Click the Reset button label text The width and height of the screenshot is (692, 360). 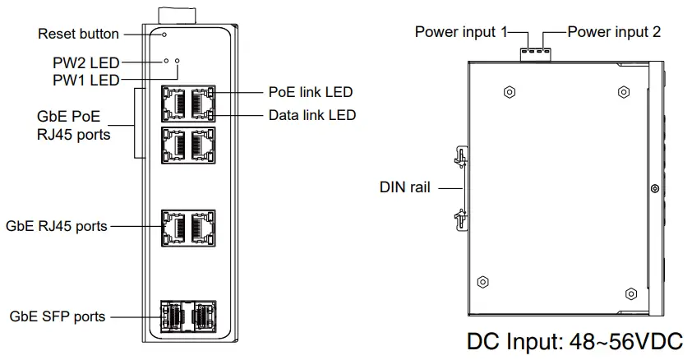tap(79, 34)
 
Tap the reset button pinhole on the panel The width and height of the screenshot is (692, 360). tap(164, 35)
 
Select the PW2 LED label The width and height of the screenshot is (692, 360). tap(86, 62)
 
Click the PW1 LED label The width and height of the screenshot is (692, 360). tap(86, 81)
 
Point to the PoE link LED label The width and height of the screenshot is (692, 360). tap(311, 92)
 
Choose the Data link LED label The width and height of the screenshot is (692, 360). tap(312, 115)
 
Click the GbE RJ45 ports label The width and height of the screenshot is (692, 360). tap(57, 226)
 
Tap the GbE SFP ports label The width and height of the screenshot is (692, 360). tap(58, 316)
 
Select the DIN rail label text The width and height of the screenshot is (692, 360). tap(404, 187)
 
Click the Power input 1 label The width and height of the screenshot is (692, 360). tap(461, 32)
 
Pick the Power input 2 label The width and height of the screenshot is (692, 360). tap(614, 32)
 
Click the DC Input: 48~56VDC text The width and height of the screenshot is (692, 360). tap(575, 342)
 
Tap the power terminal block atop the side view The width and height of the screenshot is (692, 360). tap(536, 53)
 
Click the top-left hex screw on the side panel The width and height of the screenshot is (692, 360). tap(510, 92)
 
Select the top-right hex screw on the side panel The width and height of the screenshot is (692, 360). tap(624, 92)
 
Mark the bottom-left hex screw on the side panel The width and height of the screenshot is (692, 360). tap(483, 282)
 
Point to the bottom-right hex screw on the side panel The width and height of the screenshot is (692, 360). tap(631, 293)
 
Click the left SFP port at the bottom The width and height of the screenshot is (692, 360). tap(171, 316)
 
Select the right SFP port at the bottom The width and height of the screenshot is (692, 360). tap(205, 316)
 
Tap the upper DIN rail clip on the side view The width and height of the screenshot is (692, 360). tap(461, 158)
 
